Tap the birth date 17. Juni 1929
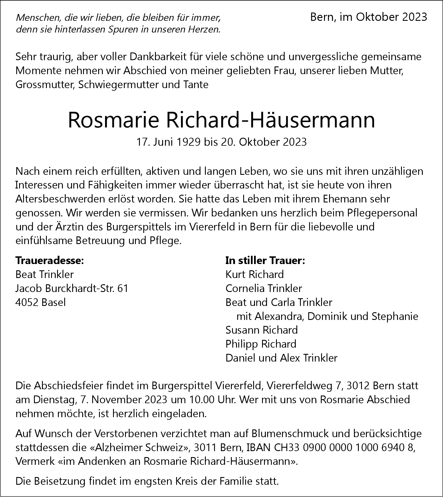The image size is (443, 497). (x=168, y=142)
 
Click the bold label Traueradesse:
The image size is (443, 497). (x=50, y=261)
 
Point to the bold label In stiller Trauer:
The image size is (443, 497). (x=265, y=261)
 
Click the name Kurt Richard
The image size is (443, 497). (x=255, y=275)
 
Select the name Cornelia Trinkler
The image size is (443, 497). (x=263, y=289)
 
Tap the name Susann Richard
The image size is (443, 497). (x=261, y=330)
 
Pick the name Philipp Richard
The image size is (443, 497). (x=261, y=344)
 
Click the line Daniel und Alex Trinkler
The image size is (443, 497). (x=281, y=358)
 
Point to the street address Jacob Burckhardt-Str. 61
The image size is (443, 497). (x=72, y=289)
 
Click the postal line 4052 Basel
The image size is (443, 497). (x=41, y=302)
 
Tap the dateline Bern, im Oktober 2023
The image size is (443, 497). (x=369, y=17)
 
